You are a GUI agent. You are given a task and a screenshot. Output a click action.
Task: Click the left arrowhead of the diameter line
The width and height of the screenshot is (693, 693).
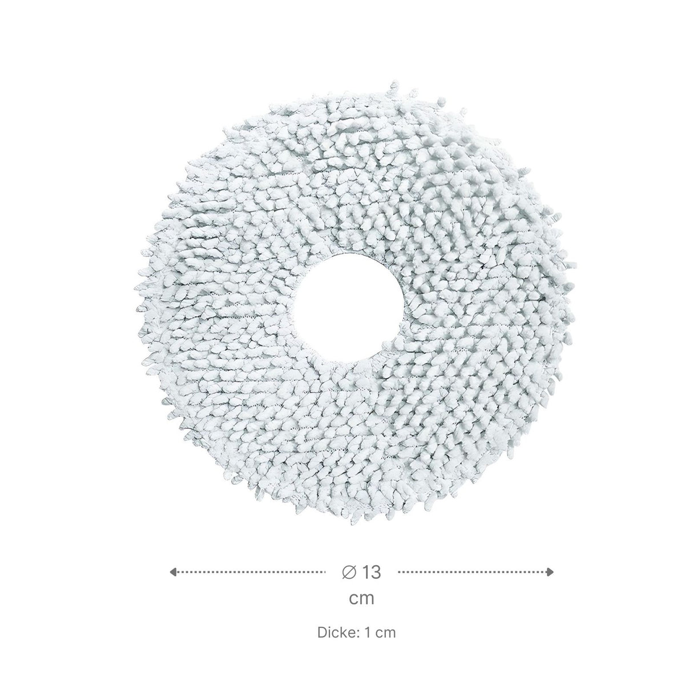point(173,572)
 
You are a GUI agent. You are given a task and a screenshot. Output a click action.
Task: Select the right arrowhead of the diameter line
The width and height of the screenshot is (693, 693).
point(550,572)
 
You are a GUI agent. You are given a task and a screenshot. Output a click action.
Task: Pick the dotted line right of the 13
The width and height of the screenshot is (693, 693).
point(476,572)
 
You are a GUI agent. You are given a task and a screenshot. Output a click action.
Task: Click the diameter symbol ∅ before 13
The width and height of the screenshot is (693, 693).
point(349,572)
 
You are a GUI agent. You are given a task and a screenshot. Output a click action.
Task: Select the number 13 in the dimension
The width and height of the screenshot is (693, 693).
point(372,572)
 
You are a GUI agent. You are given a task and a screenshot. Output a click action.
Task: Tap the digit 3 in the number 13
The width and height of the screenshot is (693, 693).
point(376,572)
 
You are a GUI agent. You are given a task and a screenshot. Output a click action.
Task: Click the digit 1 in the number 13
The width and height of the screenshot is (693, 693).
point(366,572)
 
